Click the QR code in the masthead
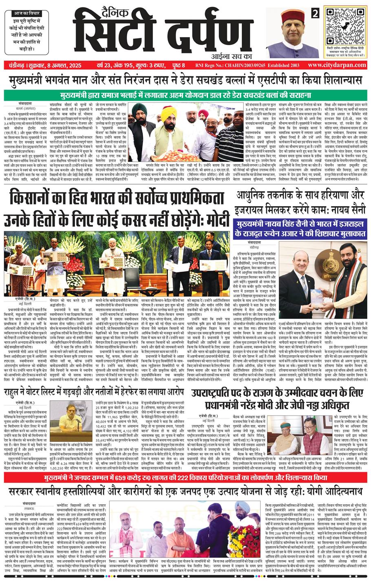(x=344, y=26)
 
